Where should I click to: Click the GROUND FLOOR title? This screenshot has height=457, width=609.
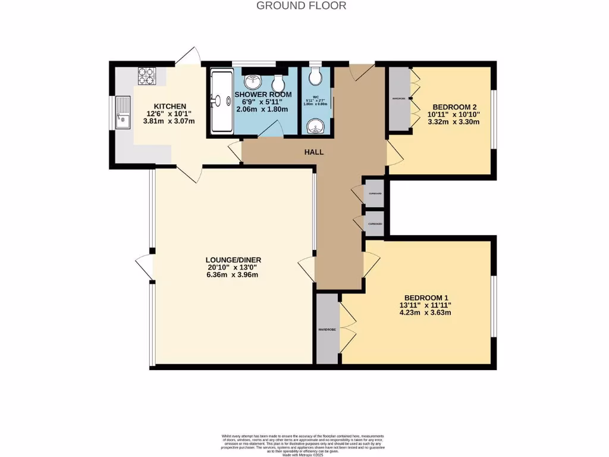coord(301,6)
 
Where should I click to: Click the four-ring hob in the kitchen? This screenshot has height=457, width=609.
coord(146,76)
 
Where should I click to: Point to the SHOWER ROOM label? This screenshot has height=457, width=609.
coord(263,95)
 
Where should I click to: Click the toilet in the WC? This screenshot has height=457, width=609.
coord(315,75)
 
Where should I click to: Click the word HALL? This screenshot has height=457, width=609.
coord(314,152)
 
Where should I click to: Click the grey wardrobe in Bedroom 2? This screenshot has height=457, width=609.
coord(398,98)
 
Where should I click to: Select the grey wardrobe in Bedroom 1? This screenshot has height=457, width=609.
coord(327,329)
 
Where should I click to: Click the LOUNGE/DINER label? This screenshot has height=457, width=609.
coord(234,260)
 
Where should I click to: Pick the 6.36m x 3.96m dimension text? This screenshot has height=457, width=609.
coord(234,276)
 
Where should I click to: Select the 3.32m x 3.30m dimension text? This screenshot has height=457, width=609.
coord(451,123)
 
